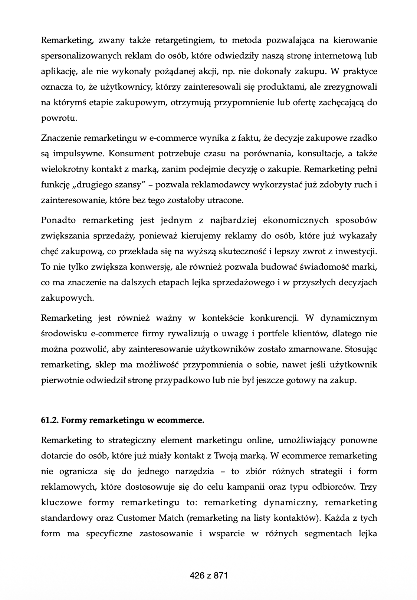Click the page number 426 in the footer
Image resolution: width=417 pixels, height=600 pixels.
197,576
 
